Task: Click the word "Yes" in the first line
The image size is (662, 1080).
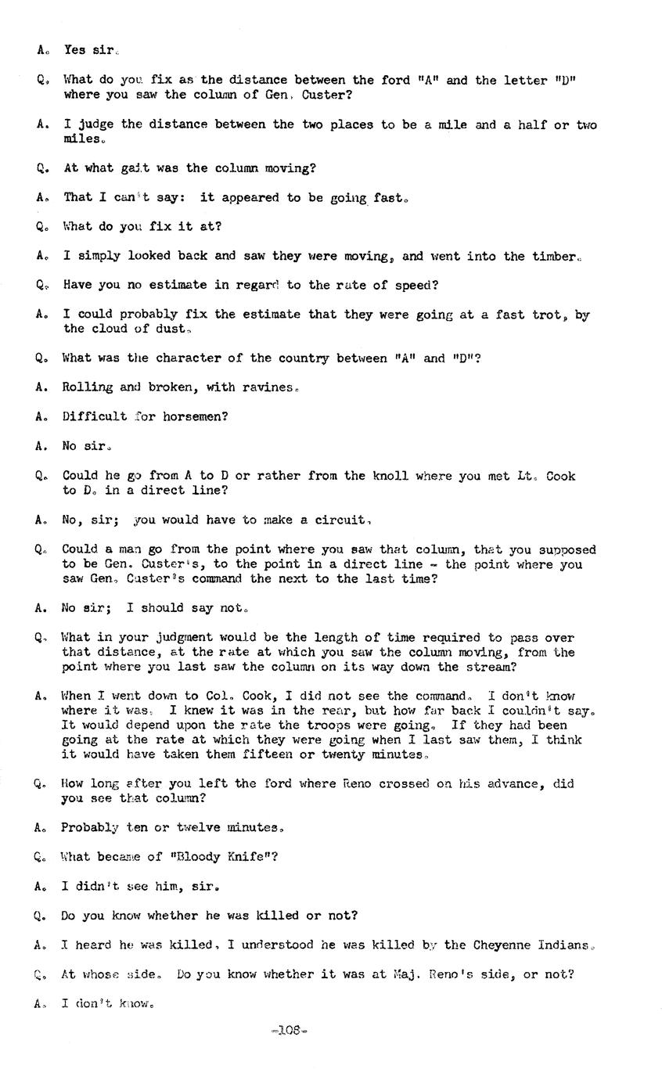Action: click(x=75, y=50)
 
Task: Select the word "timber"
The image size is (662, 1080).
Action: click(x=554, y=256)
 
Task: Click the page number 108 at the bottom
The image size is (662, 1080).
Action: click(x=289, y=1031)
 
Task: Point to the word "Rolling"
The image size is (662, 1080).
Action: click(x=88, y=387)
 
